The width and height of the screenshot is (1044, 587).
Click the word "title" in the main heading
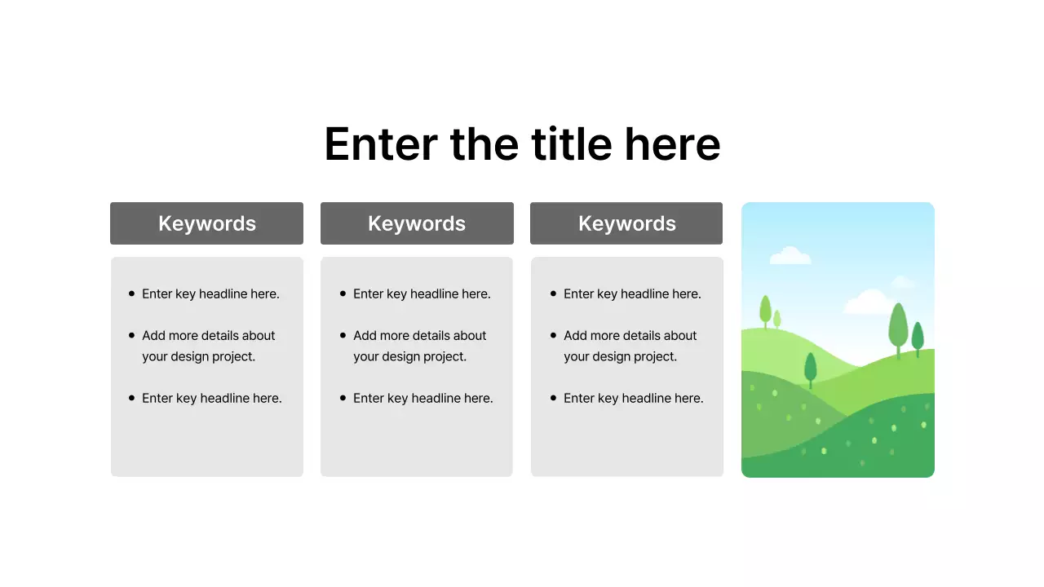(x=571, y=144)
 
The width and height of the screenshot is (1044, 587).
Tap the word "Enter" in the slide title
(x=380, y=144)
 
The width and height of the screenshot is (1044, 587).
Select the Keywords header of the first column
(x=206, y=223)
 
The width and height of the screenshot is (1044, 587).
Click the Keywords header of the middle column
(x=417, y=223)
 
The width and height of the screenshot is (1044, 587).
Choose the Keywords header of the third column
(x=626, y=223)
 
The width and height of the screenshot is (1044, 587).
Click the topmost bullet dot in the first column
(x=132, y=293)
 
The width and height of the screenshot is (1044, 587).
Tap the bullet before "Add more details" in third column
(x=554, y=335)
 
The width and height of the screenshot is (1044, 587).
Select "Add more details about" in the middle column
(x=419, y=335)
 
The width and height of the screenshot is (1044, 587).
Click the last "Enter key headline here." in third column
(x=633, y=398)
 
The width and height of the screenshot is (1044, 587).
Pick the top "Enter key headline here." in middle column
(x=422, y=293)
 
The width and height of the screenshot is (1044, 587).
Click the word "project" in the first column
(x=232, y=356)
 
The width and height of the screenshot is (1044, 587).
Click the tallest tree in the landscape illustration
(x=898, y=326)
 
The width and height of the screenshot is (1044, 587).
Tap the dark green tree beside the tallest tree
(x=918, y=337)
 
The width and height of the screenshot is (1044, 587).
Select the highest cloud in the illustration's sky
(x=790, y=256)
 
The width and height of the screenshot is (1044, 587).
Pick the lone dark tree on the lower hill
(x=810, y=369)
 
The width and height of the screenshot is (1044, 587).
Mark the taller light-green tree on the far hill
(x=765, y=310)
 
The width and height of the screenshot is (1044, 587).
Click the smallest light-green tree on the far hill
(x=777, y=318)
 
